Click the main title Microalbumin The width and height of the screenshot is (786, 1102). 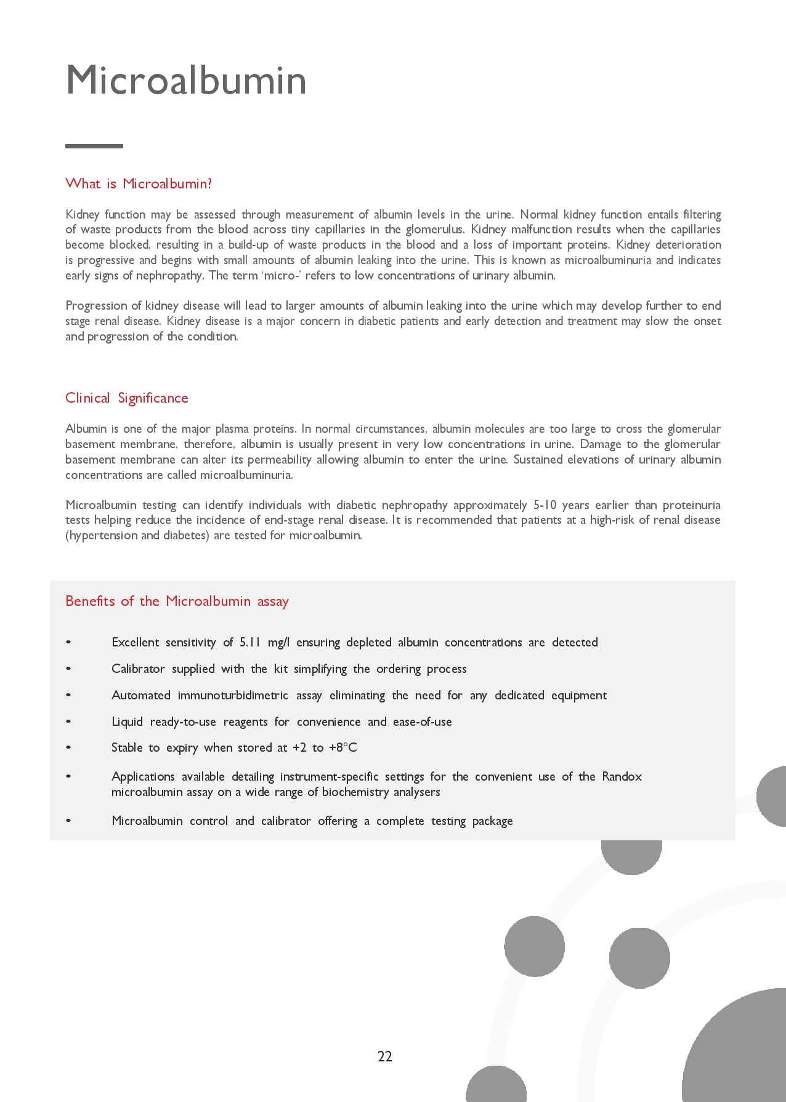click(186, 81)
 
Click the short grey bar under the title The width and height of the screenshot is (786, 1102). click(94, 146)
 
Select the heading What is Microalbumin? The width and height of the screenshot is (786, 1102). click(139, 183)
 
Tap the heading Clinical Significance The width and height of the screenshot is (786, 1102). click(127, 398)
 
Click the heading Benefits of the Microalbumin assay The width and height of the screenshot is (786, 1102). click(177, 601)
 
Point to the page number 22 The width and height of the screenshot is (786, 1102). click(385, 1056)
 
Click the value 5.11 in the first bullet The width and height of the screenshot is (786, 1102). click(250, 642)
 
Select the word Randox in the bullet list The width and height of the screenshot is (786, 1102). click(622, 776)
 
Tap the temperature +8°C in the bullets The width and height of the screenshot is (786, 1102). click(343, 747)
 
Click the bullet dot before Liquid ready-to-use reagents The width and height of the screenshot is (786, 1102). click(68, 722)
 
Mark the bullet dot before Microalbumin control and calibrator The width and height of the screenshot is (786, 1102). click(68, 821)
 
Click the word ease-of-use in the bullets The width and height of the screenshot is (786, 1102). click(423, 722)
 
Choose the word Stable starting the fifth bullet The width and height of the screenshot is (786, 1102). click(127, 747)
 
